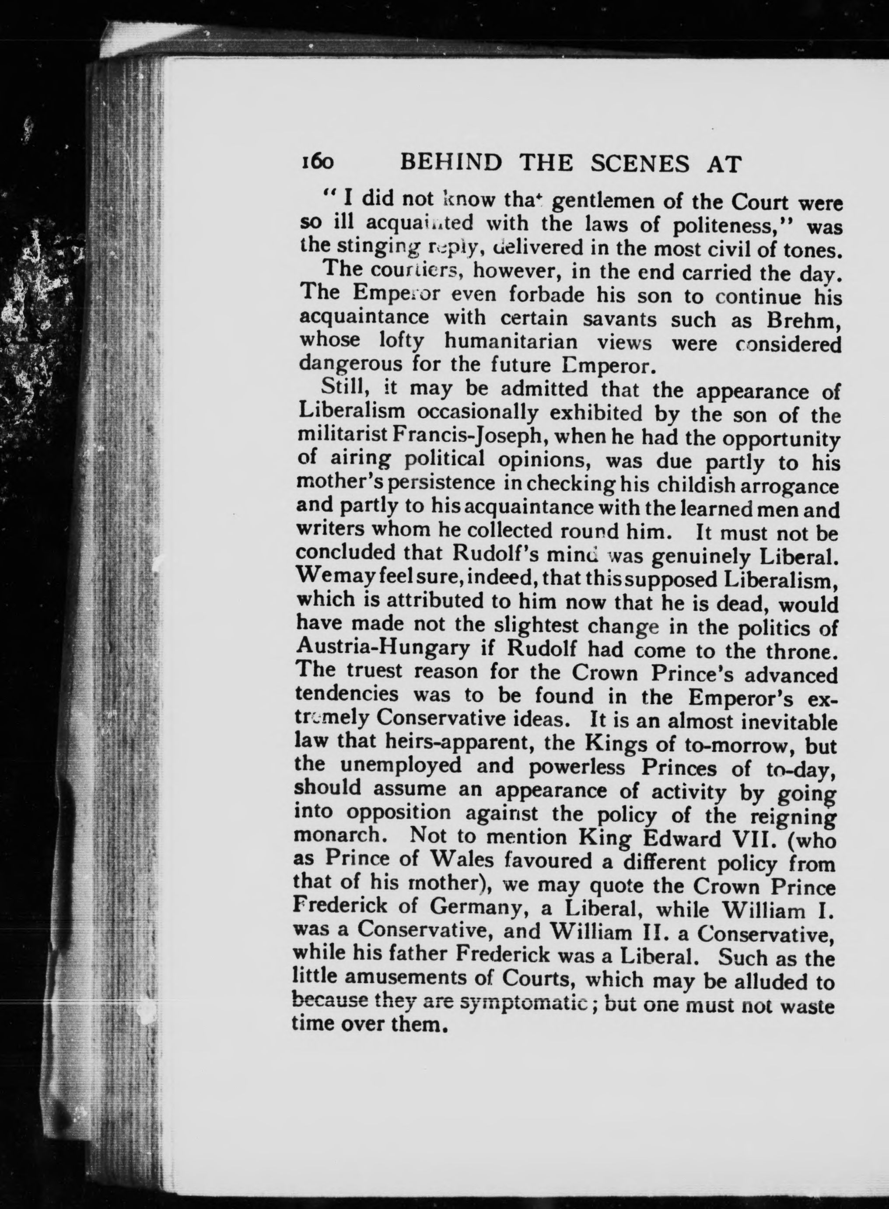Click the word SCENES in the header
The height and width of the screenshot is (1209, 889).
pyautogui.click(x=639, y=163)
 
